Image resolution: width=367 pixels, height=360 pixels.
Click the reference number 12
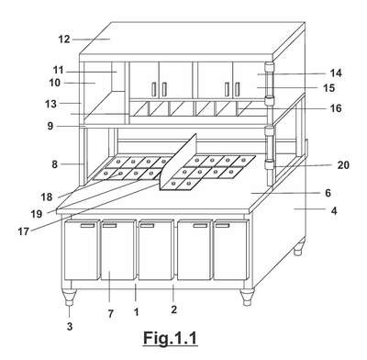64,39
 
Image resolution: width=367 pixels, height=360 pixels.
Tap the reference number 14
336,73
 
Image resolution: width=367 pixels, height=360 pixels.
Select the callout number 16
336,108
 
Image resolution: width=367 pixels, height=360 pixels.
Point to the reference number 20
343,165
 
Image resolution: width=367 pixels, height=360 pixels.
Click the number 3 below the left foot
70,327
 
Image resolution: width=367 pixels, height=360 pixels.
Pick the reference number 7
110,313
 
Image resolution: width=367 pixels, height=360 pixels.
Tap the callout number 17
24,231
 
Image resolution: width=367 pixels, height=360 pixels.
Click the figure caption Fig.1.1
170,339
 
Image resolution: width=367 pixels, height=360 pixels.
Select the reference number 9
50,126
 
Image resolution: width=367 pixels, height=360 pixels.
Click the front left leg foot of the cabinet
70,297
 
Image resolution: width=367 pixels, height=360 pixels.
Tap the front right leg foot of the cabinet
247,297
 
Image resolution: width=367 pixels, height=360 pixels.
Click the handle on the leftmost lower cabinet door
87,226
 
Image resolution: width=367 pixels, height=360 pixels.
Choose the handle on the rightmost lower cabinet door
222,226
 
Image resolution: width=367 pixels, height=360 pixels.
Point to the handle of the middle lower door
147,226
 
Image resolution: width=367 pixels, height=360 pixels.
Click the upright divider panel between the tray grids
178,162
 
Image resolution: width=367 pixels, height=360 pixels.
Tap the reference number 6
328,193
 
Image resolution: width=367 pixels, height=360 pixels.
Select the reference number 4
334,211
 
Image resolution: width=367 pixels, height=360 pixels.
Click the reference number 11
58,71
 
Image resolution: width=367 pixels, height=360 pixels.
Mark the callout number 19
37,214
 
